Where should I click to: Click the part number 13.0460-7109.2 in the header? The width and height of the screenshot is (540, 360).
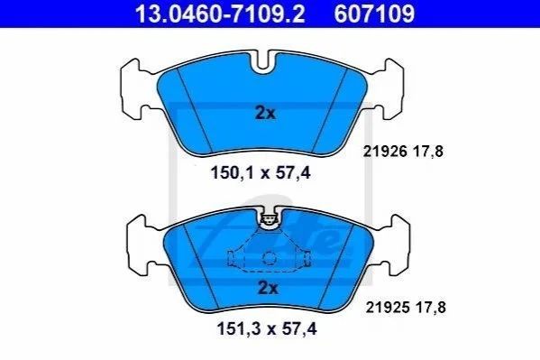(x=220, y=14)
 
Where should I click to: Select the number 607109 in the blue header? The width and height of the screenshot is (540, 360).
(x=374, y=14)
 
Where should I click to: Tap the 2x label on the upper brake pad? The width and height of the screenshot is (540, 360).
(x=265, y=113)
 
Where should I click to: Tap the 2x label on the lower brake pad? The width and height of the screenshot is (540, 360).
(x=268, y=288)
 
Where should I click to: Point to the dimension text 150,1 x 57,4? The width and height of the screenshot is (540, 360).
(x=261, y=172)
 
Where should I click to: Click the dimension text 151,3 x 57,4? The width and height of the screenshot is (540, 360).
(x=267, y=328)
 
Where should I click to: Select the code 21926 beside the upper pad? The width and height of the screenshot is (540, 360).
(x=385, y=152)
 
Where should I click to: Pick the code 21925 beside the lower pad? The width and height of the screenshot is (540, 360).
(x=388, y=308)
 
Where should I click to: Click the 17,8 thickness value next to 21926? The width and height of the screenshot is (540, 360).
(x=428, y=152)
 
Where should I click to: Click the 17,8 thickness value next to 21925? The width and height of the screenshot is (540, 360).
(x=431, y=308)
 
